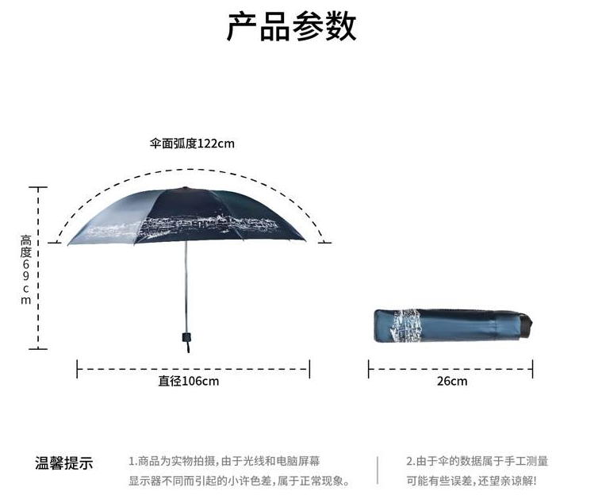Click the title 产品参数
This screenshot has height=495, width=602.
[x=291, y=27]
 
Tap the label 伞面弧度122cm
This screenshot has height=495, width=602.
[x=193, y=144]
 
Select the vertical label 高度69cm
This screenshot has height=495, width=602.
[x=26, y=270]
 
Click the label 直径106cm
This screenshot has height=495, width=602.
[x=189, y=381]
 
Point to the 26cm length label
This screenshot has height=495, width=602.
[x=452, y=381]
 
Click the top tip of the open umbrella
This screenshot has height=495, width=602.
[x=186, y=188]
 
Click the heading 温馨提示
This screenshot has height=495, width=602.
[x=63, y=463]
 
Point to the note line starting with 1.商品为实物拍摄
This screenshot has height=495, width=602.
[x=224, y=461]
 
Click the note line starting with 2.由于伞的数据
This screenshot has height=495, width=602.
[x=477, y=461]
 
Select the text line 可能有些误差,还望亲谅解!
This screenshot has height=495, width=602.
[x=471, y=481]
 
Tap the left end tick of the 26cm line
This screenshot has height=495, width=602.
[x=369, y=368]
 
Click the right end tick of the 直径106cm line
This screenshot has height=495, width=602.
[x=309, y=368]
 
